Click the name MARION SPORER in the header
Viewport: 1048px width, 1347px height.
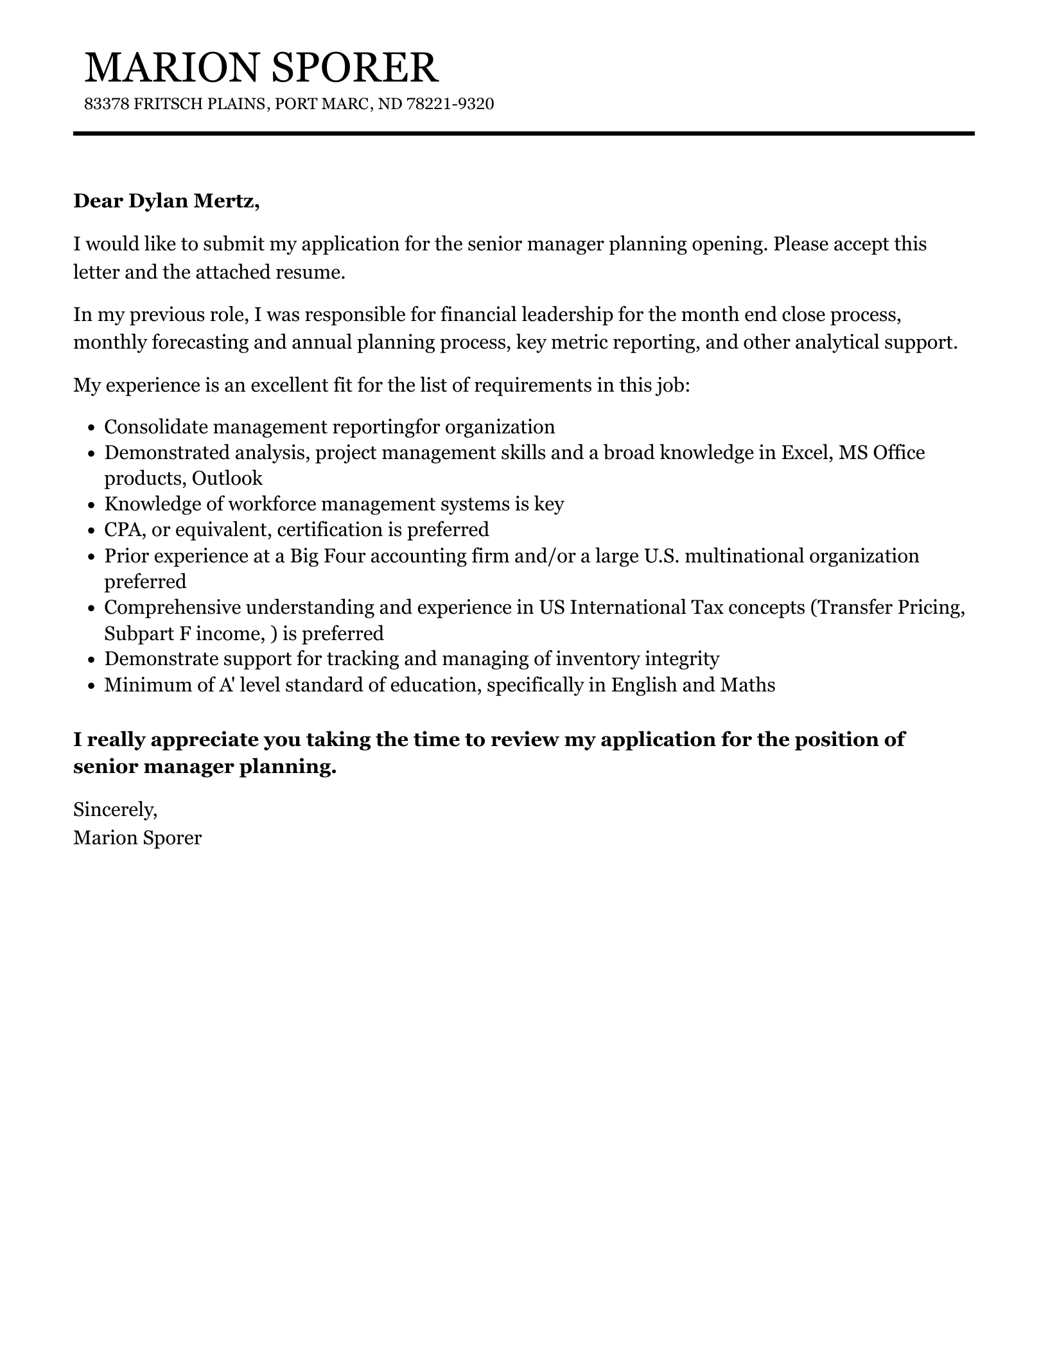point(261,68)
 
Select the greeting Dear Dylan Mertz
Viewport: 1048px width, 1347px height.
point(166,201)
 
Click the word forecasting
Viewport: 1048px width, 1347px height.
point(199,342)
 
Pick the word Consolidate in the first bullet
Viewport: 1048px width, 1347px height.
point(155,427)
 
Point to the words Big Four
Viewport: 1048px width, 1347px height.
point(327,555)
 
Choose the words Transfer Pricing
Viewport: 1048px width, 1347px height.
point(888,607)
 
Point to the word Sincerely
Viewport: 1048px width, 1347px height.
point(115,810)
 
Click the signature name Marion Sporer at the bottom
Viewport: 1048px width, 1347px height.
point(137,838)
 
